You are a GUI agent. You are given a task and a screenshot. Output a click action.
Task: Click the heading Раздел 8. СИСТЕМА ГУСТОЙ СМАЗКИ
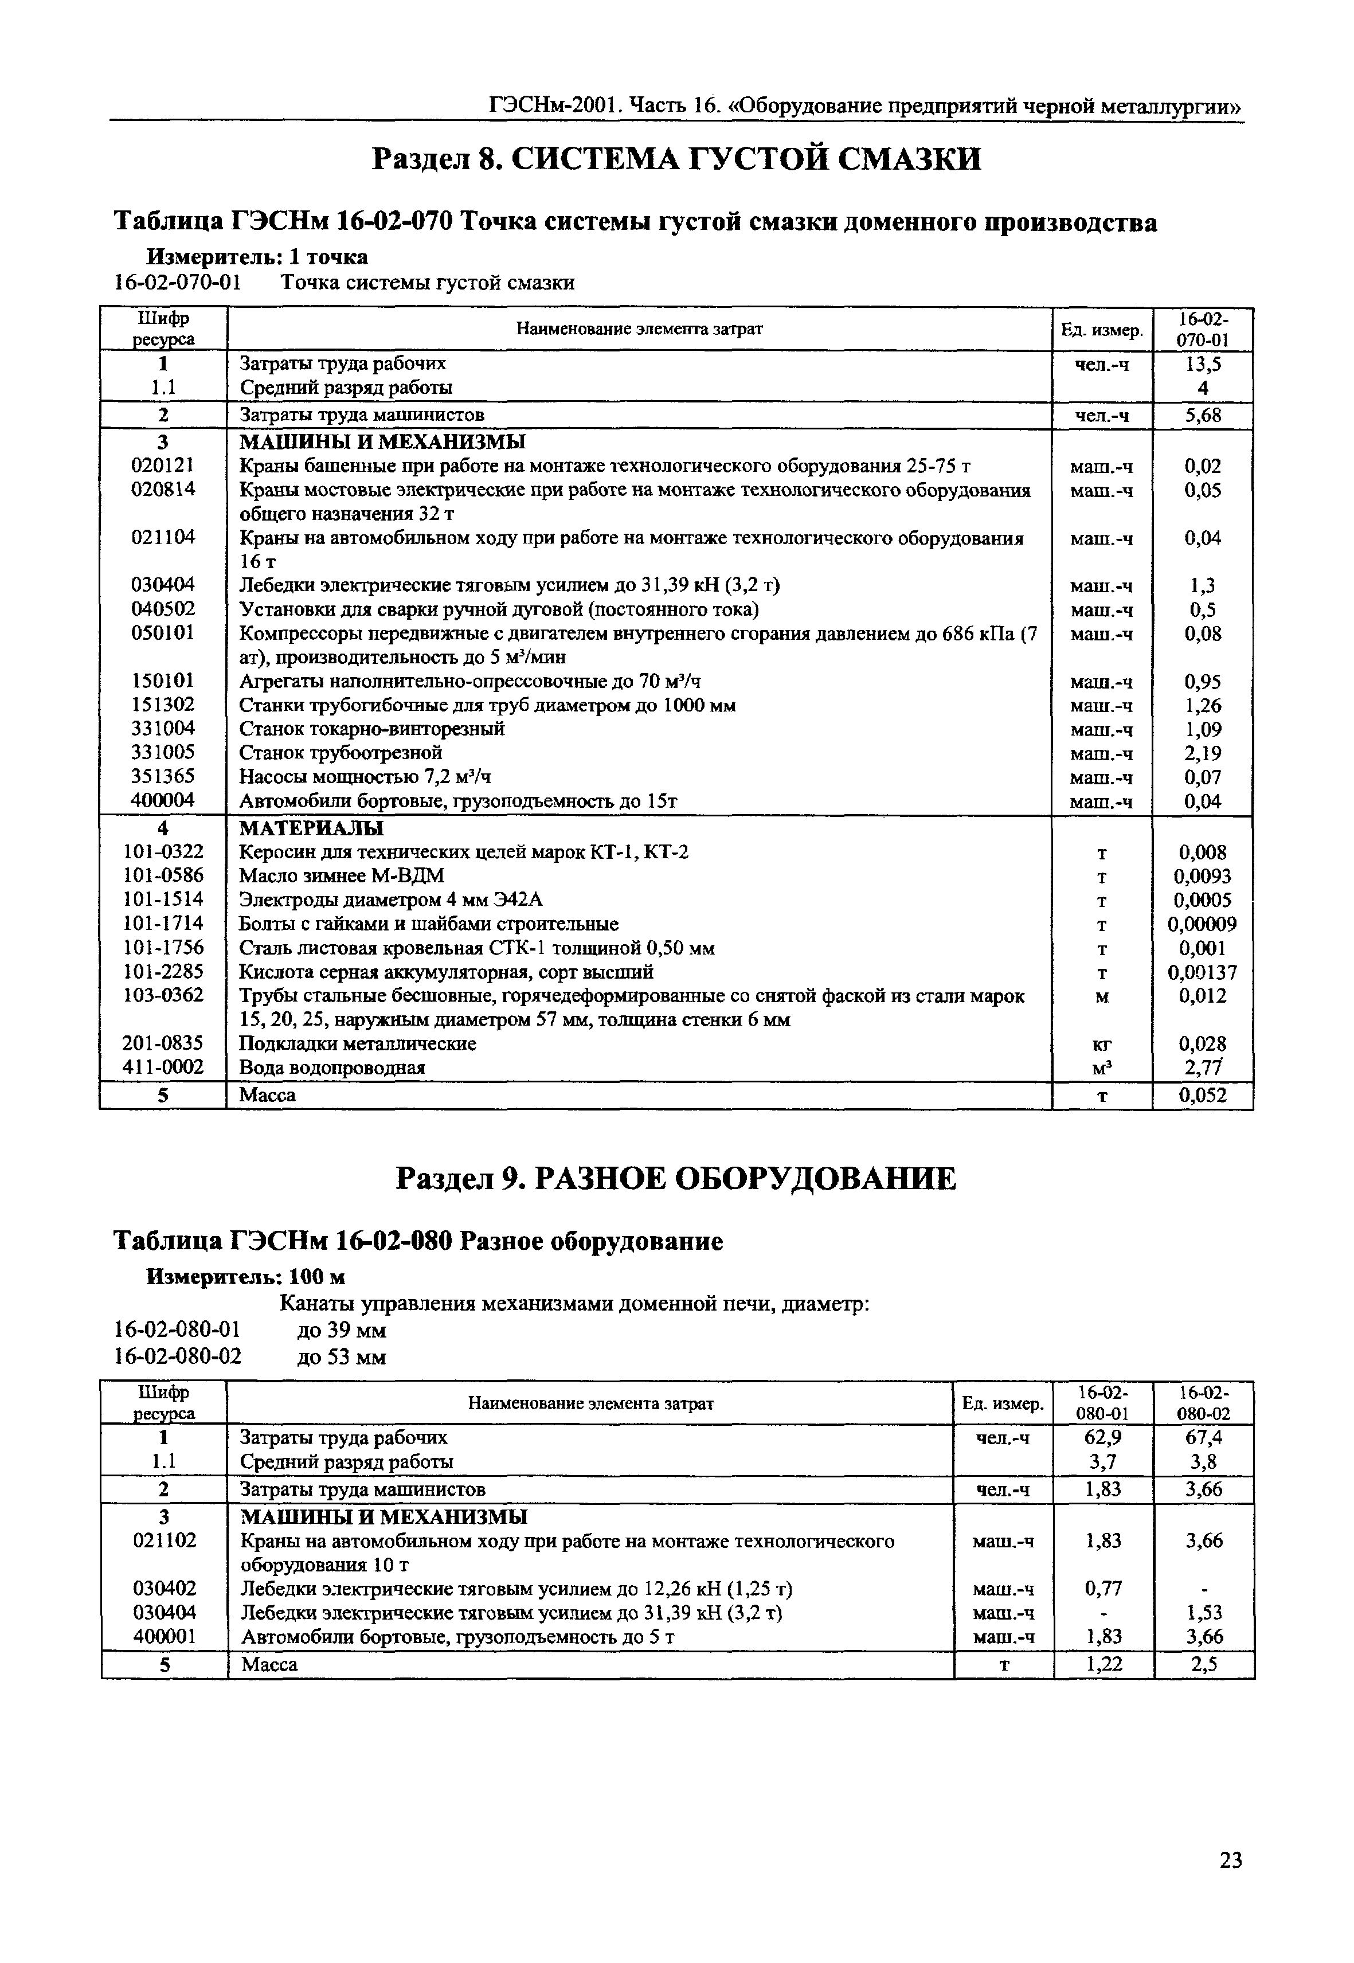(676, 159)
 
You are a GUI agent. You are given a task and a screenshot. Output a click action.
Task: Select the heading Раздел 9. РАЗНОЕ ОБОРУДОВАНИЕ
(676, 1178)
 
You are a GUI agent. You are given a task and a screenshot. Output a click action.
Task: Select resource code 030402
(164, 1588)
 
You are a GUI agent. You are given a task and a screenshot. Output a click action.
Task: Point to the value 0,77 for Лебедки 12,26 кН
(1103, 1588)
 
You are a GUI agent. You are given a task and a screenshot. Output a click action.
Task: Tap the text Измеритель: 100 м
(246, 1277)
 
